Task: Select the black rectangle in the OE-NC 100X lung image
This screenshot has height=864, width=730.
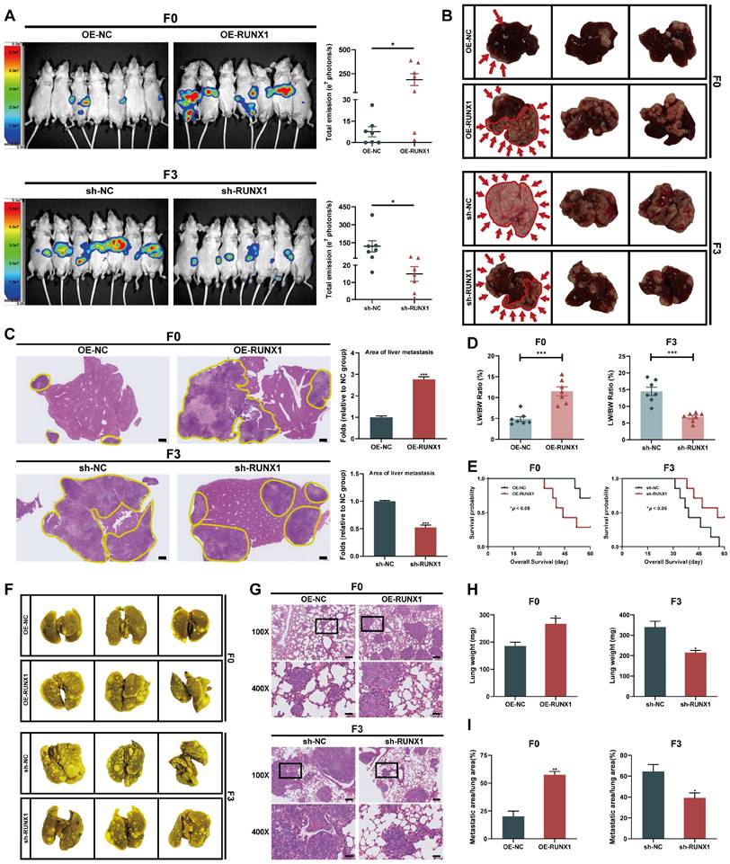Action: [x=329, y=625]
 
